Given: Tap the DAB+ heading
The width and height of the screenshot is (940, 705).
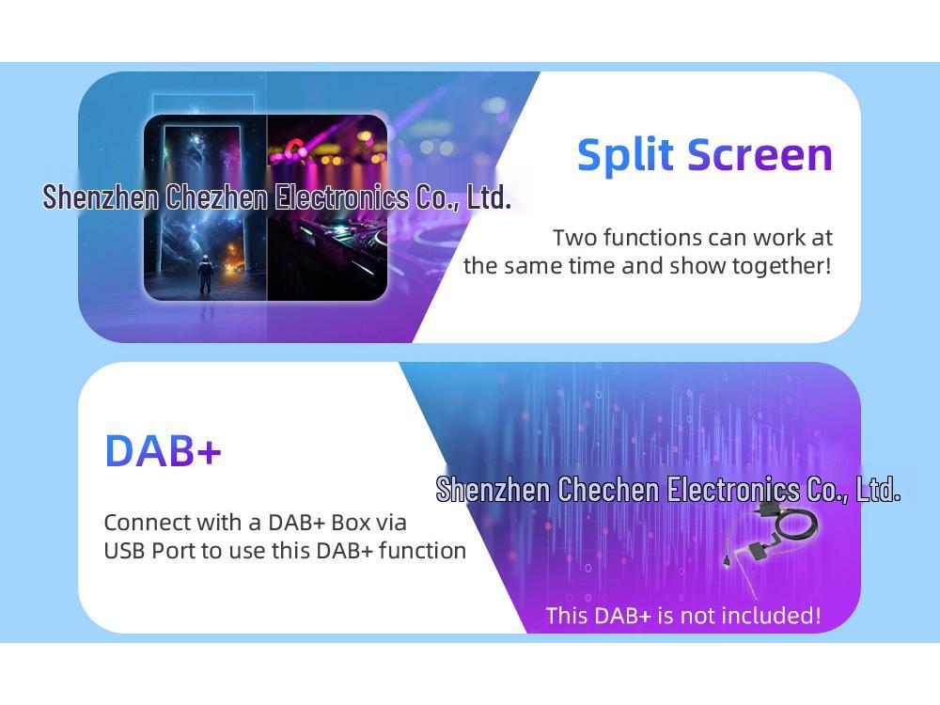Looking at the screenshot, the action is tap(163, 450).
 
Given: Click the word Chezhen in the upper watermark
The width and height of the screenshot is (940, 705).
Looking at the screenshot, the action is tap(216, 197).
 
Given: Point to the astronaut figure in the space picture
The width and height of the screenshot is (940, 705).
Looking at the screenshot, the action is tap(205, 273).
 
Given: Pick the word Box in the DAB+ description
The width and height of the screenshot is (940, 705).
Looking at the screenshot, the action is tap(351, 523).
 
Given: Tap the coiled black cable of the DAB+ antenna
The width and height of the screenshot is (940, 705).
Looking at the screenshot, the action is tap(795, 526).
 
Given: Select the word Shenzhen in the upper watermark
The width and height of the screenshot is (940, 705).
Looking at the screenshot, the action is tap(101, 197).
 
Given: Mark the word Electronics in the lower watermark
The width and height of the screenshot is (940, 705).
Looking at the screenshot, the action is tap(733, 489).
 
